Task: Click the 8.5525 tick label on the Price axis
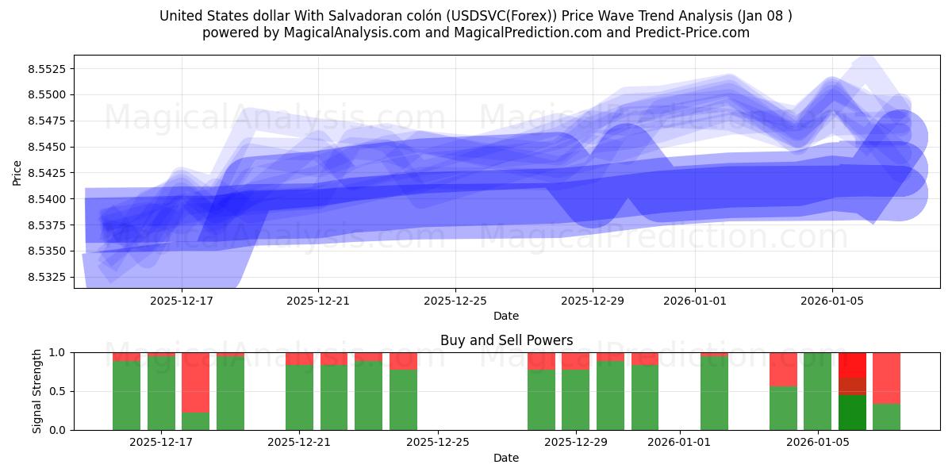(x=48, y=69)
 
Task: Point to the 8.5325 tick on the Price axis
(x=48, y=277)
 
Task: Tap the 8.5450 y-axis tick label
(x=48, y=147)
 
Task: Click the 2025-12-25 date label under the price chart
(x=455, y=301)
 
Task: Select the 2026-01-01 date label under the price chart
(x=695, y=301)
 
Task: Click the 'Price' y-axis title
(x=17, y=172)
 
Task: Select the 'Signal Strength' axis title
(x=36, y=391)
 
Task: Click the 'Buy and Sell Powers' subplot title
(x=506, y=340)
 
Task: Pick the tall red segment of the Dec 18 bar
(x=195, y=382)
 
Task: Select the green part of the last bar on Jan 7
(x=886, y=417)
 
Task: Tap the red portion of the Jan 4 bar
(x=783, y=369)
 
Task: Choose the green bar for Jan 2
(x=714, y=393)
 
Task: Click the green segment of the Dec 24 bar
(x=403, y=400)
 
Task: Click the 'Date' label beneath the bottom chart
(x=506, y=458)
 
